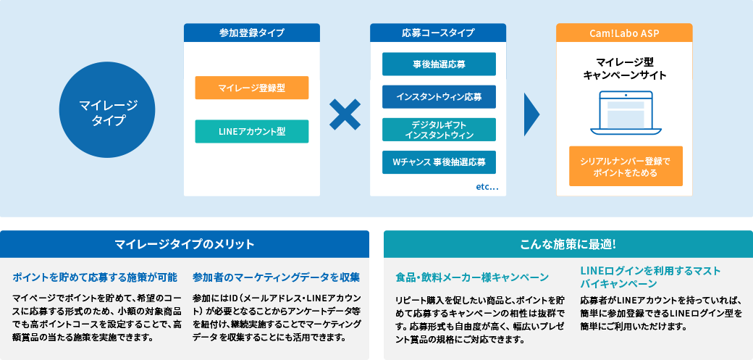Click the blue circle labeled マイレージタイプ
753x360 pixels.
108,113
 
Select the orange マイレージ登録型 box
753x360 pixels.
252,88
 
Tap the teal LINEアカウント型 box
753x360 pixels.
252,131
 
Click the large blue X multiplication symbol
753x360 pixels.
345,114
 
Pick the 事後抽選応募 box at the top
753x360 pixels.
439,64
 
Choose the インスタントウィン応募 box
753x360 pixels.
439,96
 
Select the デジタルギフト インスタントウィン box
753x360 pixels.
439,130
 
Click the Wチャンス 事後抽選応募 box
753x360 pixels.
439,162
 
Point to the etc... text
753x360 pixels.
487,188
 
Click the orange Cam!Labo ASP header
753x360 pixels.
624,33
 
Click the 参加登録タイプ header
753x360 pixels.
251,33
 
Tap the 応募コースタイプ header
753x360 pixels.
438,33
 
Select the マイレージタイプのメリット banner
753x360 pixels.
185,243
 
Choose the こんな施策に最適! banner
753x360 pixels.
568,243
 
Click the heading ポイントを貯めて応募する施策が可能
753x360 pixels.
95,277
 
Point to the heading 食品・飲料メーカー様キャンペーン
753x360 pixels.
472,277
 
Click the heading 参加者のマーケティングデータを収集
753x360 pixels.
277,277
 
